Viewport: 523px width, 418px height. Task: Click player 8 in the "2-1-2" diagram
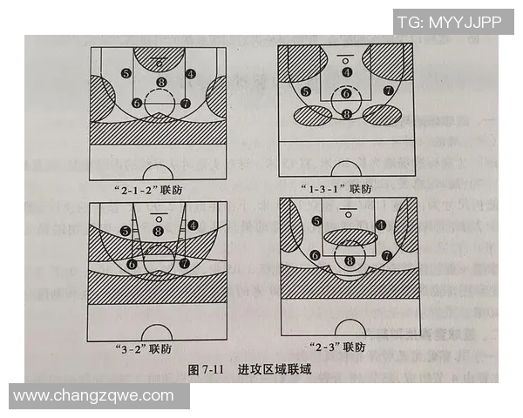tap(160, 83)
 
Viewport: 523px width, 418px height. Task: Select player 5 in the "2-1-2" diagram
tap(126, 74)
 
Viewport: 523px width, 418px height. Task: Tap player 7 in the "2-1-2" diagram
tap(185, 103)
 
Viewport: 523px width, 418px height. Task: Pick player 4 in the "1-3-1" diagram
tap(347, 72)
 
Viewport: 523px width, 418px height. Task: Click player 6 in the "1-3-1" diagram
tap(346, 93)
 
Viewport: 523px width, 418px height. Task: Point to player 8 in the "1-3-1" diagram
tap(346, 113)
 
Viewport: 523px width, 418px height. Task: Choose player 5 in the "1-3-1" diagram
tap(305, 91)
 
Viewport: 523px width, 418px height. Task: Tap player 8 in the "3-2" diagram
tap(158, 231)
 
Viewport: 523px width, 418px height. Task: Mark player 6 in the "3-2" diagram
tap(132, 263)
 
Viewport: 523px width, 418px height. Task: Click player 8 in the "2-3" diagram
tap(350, 260)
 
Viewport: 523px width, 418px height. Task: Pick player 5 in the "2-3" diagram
tap(316, 222)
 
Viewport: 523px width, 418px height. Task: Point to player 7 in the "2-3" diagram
tap(386, 255)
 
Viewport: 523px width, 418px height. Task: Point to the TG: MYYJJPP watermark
tap(449, 22)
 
